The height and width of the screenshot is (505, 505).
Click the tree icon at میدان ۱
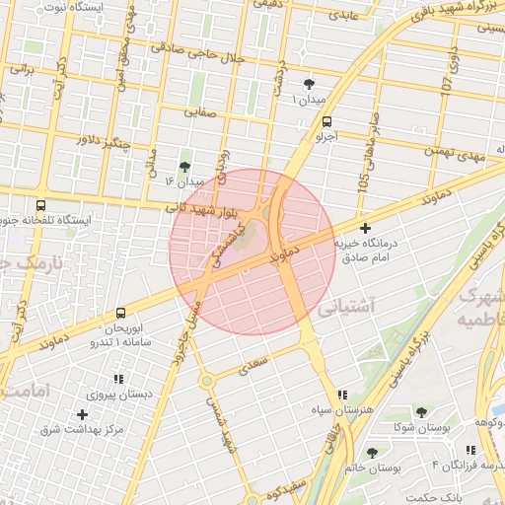pos(310,85)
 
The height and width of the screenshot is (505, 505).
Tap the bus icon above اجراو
pos(326,122)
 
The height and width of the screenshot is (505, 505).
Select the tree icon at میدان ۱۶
pos(184,167)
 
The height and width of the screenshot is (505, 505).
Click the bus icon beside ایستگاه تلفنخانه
pos(39,204)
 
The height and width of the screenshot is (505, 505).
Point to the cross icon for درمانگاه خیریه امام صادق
pos(365,229)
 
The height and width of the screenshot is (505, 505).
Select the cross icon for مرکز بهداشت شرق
pos(82,414)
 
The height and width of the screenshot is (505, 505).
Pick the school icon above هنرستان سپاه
pos(341,394)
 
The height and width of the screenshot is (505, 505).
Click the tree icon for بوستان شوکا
pos(421,412)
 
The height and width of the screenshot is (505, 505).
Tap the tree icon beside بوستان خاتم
pos(371,453)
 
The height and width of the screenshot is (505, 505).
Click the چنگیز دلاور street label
pos(106,140)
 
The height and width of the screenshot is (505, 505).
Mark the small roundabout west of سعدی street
pos(206,381)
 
